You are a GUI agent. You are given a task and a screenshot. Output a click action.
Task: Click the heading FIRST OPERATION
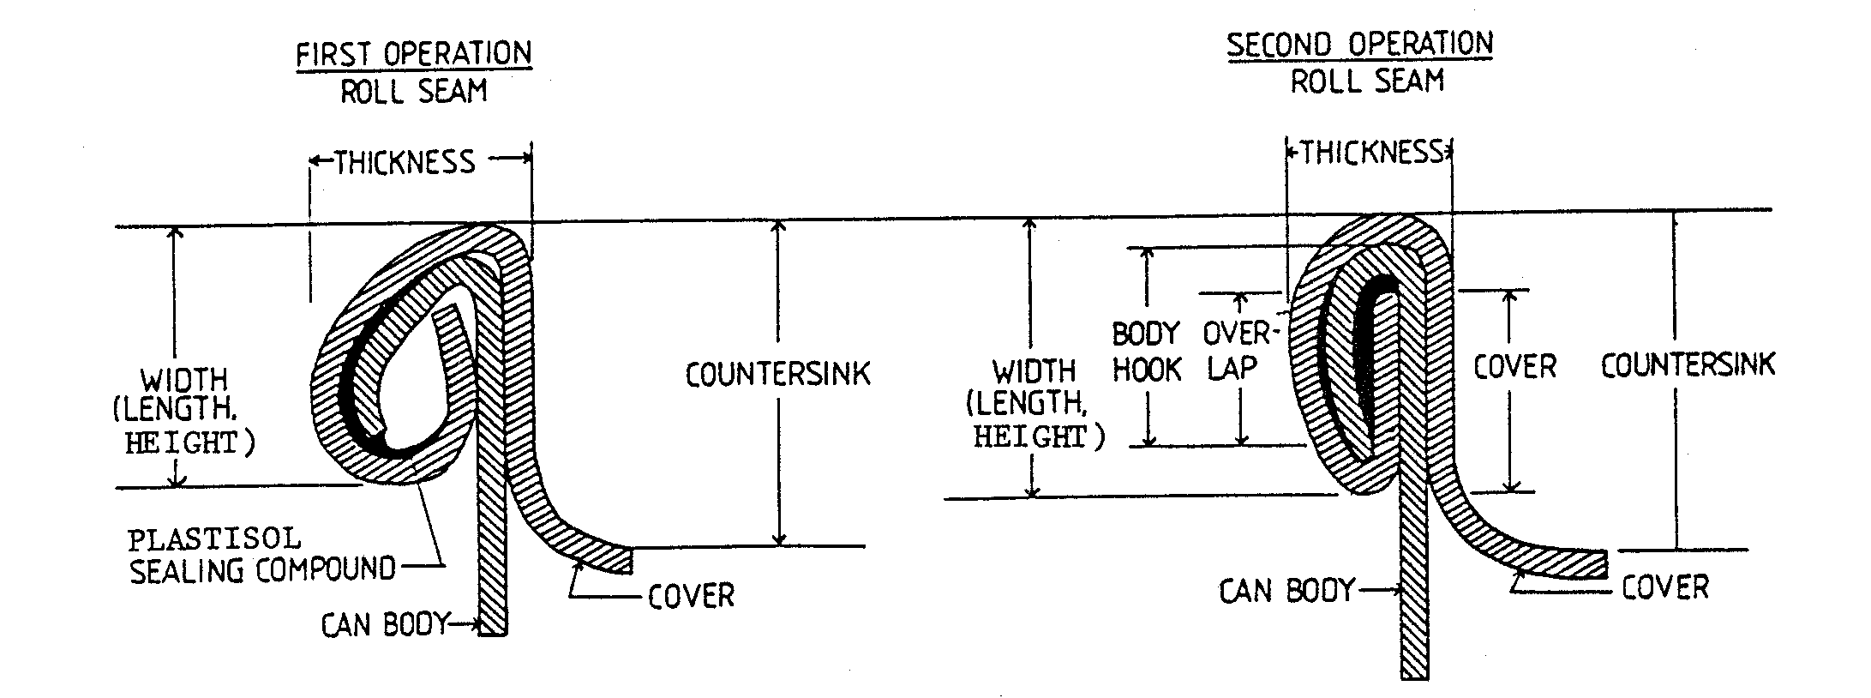(413, 54)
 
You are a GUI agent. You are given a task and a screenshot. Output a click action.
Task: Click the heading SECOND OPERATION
(1360, 45)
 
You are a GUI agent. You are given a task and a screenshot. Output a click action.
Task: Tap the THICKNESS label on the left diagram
(405, 161)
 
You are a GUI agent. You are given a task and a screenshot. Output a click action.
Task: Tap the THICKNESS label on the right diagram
(1372, 153)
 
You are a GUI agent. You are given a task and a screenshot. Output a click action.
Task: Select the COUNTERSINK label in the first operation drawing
(778, 374)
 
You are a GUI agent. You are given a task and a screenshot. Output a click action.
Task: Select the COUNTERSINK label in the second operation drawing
(1688, 365)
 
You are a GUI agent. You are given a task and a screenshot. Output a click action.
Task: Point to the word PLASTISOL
(214, 539)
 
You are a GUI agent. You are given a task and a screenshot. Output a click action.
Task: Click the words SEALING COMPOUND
(263, 570)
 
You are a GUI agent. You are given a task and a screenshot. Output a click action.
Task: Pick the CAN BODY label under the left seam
(385, 625)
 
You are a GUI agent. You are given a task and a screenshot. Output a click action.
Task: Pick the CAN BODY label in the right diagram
(1287, 591)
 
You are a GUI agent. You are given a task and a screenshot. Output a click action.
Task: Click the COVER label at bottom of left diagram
(691, 596)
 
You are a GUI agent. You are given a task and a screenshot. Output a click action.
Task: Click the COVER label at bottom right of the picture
(1665, 587)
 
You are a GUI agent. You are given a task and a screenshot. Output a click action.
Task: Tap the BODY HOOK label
(1147, 352)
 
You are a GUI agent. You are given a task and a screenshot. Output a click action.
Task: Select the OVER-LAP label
(1234, 350)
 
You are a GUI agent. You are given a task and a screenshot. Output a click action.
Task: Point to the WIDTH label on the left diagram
(184, 380)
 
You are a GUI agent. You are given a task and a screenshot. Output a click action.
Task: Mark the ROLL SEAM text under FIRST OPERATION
(414, 91)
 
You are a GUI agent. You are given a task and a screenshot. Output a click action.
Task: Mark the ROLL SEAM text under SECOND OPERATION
(1367, 81)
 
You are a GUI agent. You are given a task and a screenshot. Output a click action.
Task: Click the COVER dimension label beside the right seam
(1514, 366)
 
